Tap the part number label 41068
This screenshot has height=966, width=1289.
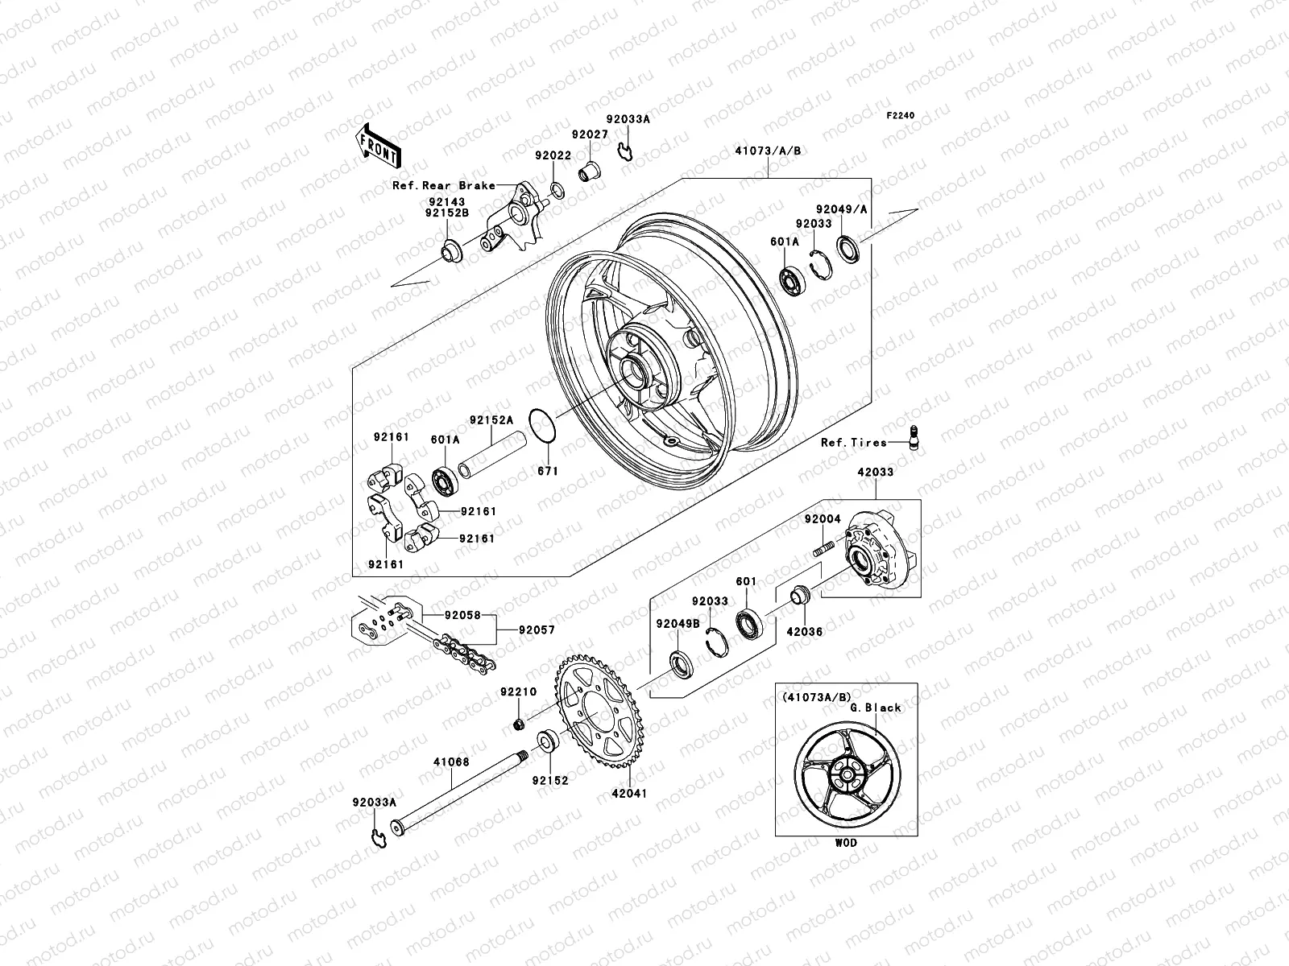click(451, 762)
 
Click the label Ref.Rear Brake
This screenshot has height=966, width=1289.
click(443, 185)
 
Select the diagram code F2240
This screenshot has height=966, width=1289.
click(901, 116)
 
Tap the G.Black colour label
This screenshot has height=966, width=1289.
click(875, 708)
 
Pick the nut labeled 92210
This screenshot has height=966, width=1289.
click(520, 725)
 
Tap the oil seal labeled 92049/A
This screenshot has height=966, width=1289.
click(849, 247)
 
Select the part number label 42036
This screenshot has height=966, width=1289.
click(806, 632)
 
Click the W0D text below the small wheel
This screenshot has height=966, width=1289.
click(847, 843)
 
